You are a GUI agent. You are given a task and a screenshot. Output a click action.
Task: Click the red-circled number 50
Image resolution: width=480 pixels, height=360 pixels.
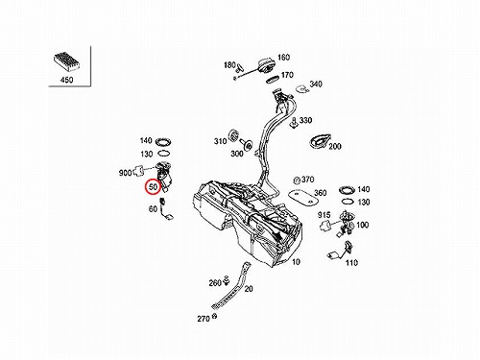pos(154,187)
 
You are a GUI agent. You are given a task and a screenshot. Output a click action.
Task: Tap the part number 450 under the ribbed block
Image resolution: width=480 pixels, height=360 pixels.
pos(66,80)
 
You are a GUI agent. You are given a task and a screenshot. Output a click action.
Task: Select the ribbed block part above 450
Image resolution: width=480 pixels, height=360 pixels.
pos(66,61)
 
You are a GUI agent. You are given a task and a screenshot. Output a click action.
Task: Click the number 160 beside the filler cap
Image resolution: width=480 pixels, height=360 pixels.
pos(283,58)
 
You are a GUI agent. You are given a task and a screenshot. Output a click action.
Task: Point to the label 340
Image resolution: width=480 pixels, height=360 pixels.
pos(316,84)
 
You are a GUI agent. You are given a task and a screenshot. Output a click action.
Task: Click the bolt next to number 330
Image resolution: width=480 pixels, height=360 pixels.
pos(294,123)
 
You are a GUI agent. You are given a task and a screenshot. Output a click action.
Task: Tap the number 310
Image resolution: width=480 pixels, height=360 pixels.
pos(221,141)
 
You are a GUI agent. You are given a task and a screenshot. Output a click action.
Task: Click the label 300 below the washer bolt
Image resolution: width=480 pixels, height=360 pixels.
pos(237,154)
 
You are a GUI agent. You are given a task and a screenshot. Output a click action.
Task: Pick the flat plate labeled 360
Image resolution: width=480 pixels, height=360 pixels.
pos(303,198)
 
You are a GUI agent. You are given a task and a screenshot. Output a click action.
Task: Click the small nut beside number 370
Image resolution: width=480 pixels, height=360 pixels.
pos(297,180)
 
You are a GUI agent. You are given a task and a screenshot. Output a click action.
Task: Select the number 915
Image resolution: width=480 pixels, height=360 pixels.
pos(324,215)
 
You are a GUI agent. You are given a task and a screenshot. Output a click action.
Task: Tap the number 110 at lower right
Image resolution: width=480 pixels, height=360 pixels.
pos(351,263)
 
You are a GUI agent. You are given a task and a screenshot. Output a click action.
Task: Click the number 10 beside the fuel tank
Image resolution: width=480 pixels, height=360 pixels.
pos(296,262)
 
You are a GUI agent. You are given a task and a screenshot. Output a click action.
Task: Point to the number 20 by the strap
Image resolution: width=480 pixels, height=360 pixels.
pos(249,289)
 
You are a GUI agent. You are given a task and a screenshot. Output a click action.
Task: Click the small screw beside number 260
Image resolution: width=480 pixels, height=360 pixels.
pos(227,280)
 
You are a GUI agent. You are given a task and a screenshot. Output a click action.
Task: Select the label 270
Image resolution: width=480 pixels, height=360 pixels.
pos(204,319)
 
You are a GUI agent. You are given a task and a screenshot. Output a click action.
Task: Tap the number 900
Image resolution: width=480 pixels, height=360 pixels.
pos(125,173)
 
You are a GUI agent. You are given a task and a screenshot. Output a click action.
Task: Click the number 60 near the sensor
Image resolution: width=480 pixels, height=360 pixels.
pos(153,209)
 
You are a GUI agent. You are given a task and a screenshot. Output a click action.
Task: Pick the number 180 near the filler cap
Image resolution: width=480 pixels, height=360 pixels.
pos(229,65)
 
